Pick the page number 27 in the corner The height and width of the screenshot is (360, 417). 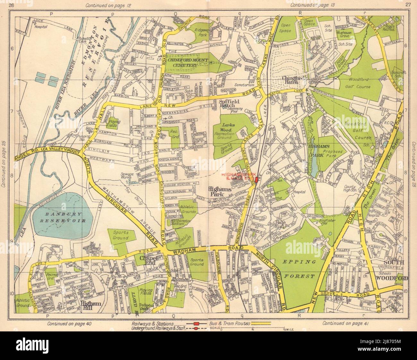coord(408,5)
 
